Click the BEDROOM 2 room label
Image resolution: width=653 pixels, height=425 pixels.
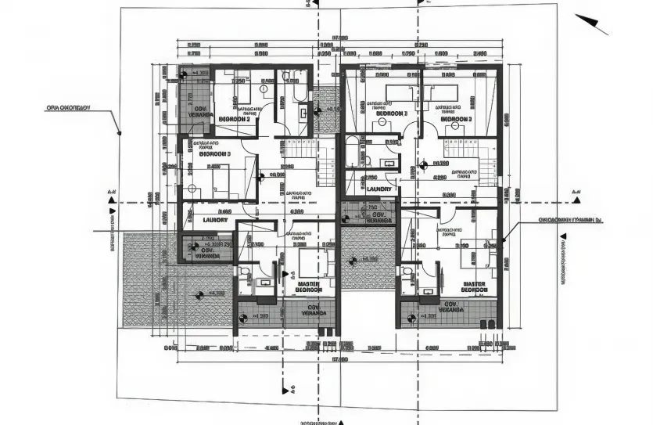[235, 119]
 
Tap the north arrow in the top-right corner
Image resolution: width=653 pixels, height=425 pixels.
[592, 23]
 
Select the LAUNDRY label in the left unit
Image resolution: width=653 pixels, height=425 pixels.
[215, 220]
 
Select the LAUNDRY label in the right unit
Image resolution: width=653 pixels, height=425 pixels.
[379, 189]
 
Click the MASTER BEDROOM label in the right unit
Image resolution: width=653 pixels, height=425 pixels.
[475, 286]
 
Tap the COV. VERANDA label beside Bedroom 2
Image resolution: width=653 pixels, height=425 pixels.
[200, 111]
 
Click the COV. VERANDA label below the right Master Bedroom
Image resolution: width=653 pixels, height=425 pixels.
[450, 307]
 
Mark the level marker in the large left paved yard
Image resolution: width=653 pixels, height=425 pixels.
[197, 295]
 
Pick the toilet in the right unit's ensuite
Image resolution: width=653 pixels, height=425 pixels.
[407, 271]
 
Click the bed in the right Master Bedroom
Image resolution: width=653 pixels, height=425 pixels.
[469, 257]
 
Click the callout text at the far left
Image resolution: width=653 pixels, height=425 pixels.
[69, 108]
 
